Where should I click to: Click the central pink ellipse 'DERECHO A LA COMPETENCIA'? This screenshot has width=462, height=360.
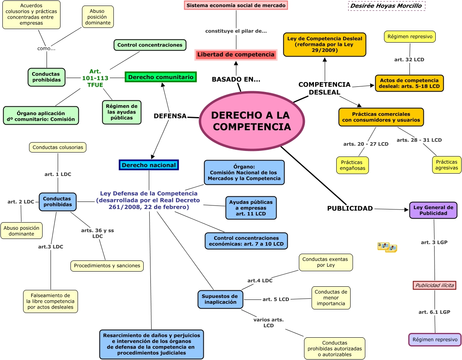click(251, 121)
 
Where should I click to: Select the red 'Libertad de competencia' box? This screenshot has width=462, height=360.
click(236, 55)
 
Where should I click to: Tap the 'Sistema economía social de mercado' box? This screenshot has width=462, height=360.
click(236, 6)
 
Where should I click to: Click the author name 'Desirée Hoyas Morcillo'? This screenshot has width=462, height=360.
click(386, 6)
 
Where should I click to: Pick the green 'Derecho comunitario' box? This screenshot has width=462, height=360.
click(161, 77)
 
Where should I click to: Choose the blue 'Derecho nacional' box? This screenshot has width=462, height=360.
click(149, 165)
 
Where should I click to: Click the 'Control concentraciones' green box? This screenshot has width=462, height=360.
click(150, 45)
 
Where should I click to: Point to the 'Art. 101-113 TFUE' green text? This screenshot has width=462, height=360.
click(96, 78)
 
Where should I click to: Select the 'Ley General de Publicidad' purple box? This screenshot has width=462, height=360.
click(433, 210)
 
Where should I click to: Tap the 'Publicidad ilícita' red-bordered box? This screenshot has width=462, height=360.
click(434, 285)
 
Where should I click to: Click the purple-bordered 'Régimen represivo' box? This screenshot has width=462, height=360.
click(435, 340)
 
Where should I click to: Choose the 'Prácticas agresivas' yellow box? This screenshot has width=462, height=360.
click(446, 165)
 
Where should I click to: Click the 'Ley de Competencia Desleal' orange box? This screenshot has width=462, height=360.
click(325, 45)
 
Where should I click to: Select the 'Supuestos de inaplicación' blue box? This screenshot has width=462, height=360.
click(220, 299)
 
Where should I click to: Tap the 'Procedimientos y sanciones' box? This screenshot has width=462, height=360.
click(107, 266)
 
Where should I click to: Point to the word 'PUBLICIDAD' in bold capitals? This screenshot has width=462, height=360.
click(350, 208)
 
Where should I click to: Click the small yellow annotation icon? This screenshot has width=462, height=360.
click(387, 247)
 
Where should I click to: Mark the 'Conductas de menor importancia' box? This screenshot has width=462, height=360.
click(331, 297)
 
